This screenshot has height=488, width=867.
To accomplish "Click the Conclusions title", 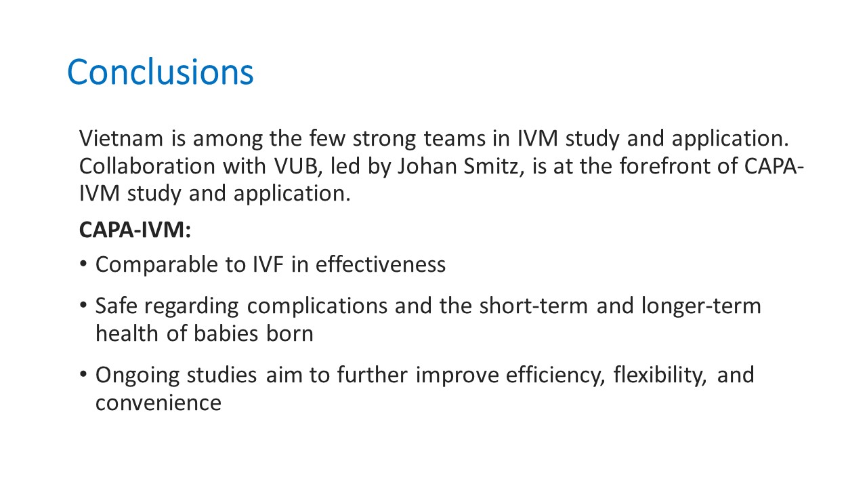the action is point(161,72).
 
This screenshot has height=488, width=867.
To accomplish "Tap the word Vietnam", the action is point(121,138).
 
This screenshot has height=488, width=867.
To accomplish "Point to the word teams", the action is point(454,139).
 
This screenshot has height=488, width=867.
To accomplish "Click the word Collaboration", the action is point(147,166).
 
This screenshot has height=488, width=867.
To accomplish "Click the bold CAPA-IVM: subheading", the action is point(135,230).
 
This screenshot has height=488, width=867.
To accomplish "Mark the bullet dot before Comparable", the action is point(83,264).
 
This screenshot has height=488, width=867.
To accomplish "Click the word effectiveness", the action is point(381,264).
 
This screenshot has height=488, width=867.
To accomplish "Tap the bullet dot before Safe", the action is point(83,305).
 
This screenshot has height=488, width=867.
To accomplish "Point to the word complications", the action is point(317,307).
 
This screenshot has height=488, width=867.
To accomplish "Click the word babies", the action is point(226,333).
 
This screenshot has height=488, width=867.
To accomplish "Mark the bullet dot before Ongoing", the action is point(83,374).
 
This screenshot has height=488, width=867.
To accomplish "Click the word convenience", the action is point(158,403).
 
